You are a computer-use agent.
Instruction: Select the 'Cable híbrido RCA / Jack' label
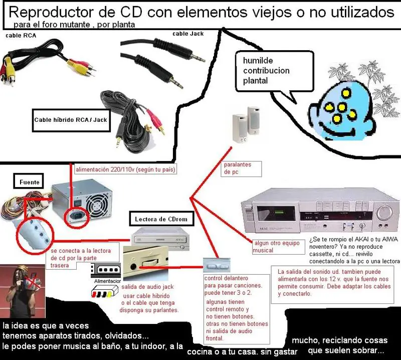71,120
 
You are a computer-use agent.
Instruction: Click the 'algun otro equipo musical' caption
278,247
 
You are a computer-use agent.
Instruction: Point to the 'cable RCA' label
21,36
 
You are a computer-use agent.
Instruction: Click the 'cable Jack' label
188,34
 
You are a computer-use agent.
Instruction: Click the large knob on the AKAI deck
385,213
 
